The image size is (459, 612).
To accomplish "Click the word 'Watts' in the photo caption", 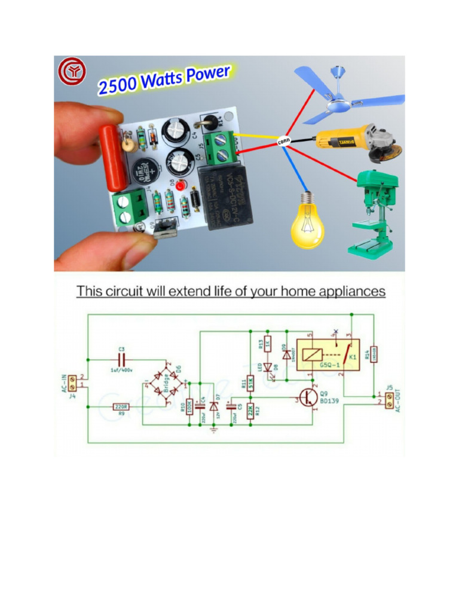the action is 160,79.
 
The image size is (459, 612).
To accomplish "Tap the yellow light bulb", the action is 307,224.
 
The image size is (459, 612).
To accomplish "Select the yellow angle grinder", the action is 353,142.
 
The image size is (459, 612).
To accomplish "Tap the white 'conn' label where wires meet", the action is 284,142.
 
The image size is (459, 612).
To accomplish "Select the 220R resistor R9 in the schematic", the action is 121,406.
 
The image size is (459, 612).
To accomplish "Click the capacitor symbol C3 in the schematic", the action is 121,360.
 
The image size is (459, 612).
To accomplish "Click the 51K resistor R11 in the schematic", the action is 251,382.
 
